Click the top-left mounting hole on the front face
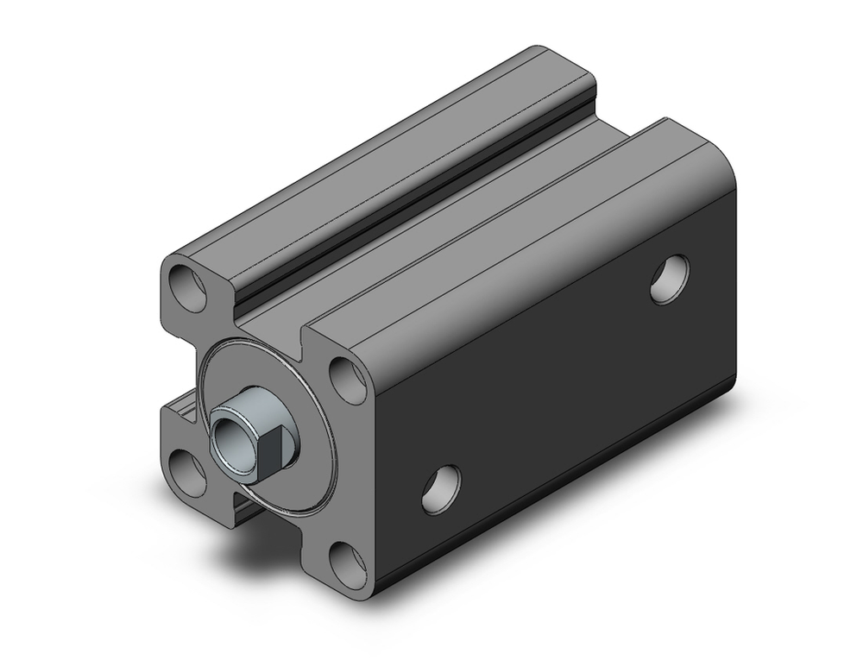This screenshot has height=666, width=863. click(187, 287)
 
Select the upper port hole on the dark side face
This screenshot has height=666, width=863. click(670, 279)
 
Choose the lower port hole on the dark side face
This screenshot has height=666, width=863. click(441, 489)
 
